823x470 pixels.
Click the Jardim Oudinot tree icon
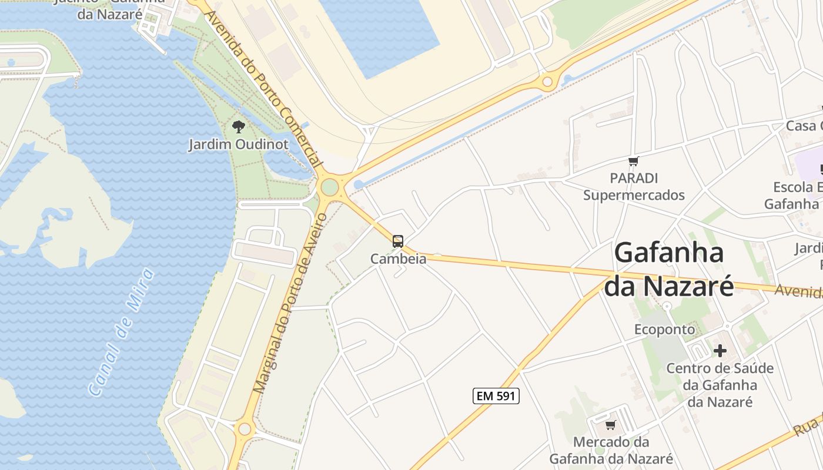coord(238,126)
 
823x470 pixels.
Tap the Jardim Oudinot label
coord(238,145)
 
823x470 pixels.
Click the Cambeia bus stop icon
coord(398,241)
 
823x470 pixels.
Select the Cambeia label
coord(398,258)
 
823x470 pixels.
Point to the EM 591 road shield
coord(496,396)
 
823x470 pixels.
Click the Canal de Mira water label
coord(121,333)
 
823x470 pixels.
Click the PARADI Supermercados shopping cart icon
coord(633,162)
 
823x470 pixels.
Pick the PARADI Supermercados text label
coord(634,186)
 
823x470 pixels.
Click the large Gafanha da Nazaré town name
coord(669,270)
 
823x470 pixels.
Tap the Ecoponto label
coord(664,330)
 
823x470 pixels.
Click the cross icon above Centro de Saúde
coord(720,351)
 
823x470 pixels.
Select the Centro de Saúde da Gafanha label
coord(720,385)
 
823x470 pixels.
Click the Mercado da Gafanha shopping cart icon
coord(611,425)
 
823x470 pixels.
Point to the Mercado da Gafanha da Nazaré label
coord(611,450)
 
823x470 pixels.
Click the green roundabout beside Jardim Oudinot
coord(330,187)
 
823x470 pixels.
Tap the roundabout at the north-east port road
coord(547,82)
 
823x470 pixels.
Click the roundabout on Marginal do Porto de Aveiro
coord(245,429)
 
